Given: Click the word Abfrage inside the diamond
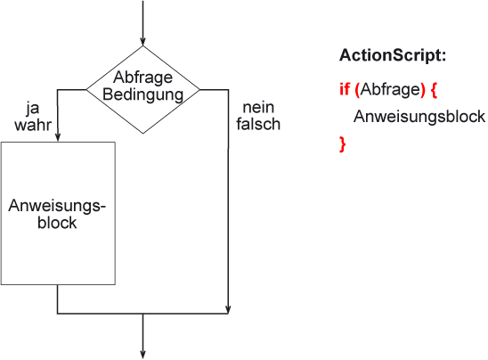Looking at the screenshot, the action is point(142,78).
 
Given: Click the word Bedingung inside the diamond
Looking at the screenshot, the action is point(142,94).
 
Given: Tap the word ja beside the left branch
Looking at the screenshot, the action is point(33,109).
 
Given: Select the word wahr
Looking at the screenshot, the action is point(33,125).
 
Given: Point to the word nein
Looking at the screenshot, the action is point(258,108).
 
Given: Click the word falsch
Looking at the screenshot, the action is point(258,124).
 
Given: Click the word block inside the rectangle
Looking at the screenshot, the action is point(57,223).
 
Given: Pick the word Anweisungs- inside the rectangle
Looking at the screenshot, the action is point(57,206).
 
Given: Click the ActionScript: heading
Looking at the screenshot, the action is point(393,55).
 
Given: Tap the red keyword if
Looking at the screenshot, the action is point(345,89).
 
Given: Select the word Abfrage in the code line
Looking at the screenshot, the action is point(391,90).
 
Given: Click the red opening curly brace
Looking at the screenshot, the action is point(435,90).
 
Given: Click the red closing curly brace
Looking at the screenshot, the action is point(342,144).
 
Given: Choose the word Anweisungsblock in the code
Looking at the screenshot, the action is point(419,117).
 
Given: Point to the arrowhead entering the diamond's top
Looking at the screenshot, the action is point(142,42).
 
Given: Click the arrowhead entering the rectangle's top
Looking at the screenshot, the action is point(58,137).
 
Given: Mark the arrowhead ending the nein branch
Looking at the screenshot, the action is point(228,309).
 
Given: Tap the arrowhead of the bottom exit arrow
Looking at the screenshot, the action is point(142,355).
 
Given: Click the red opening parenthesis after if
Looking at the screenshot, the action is point(357,90).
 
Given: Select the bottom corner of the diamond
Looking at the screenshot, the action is point(142,134).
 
